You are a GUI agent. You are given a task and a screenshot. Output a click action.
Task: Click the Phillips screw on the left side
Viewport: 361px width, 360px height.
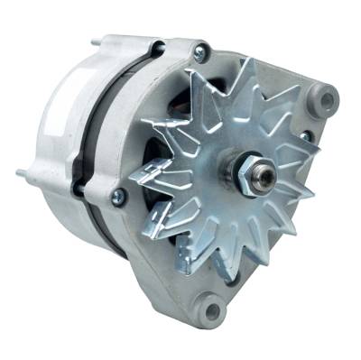117,196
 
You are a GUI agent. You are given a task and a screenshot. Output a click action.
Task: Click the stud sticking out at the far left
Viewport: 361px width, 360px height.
19,171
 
